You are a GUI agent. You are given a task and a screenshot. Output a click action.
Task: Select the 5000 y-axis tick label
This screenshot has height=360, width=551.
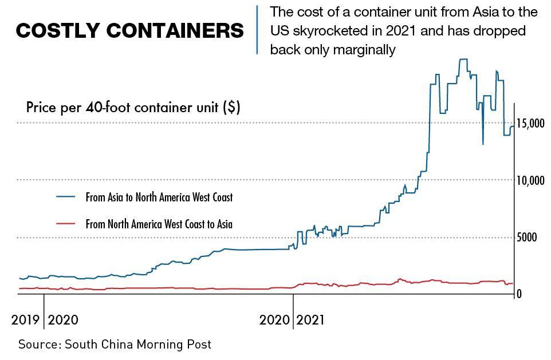pos(526,238)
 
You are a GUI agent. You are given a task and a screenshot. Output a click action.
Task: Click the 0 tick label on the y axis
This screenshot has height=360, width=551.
pos(518,294)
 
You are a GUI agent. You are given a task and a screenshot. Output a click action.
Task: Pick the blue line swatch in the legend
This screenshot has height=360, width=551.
pos(66,196)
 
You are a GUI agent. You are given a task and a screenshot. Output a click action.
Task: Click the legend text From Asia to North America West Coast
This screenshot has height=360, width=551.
pos(159,197)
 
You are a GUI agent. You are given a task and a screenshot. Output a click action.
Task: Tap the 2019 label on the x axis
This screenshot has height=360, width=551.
pos(25,320)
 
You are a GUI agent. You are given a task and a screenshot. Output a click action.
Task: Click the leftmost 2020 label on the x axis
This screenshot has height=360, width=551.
pos(64,320)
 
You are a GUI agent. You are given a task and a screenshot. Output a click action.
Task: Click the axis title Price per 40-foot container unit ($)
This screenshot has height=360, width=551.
pos(133,108)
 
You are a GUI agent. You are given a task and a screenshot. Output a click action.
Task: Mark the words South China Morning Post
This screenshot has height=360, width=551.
pos(138,345)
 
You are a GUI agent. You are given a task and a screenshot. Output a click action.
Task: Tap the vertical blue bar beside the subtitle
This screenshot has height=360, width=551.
pos(257,30)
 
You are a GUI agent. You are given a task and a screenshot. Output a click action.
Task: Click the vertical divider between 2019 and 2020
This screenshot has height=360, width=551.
pos(44,312)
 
